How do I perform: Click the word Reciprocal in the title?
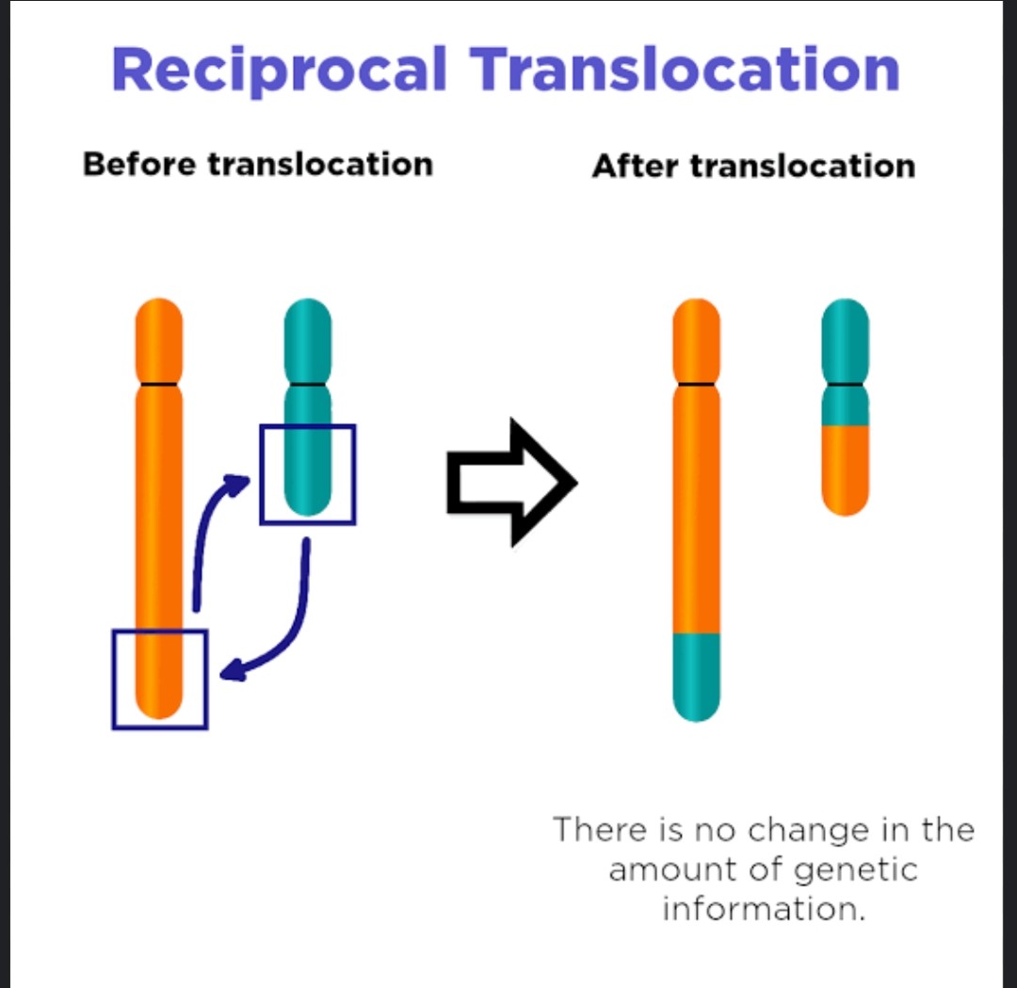coord(280,71)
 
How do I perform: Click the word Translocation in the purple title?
coord(685,69)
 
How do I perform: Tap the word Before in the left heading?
coord(139,164)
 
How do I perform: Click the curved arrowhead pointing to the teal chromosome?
coord(236,484)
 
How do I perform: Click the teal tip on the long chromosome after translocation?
coord(697,677)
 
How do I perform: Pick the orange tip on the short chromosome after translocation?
coord(845,470)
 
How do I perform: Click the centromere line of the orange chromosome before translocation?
coord(159,385)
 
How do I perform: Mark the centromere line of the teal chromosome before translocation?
coord(308,385)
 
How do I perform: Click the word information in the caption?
coord(764,908)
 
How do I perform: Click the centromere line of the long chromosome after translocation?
coord(697,385)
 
